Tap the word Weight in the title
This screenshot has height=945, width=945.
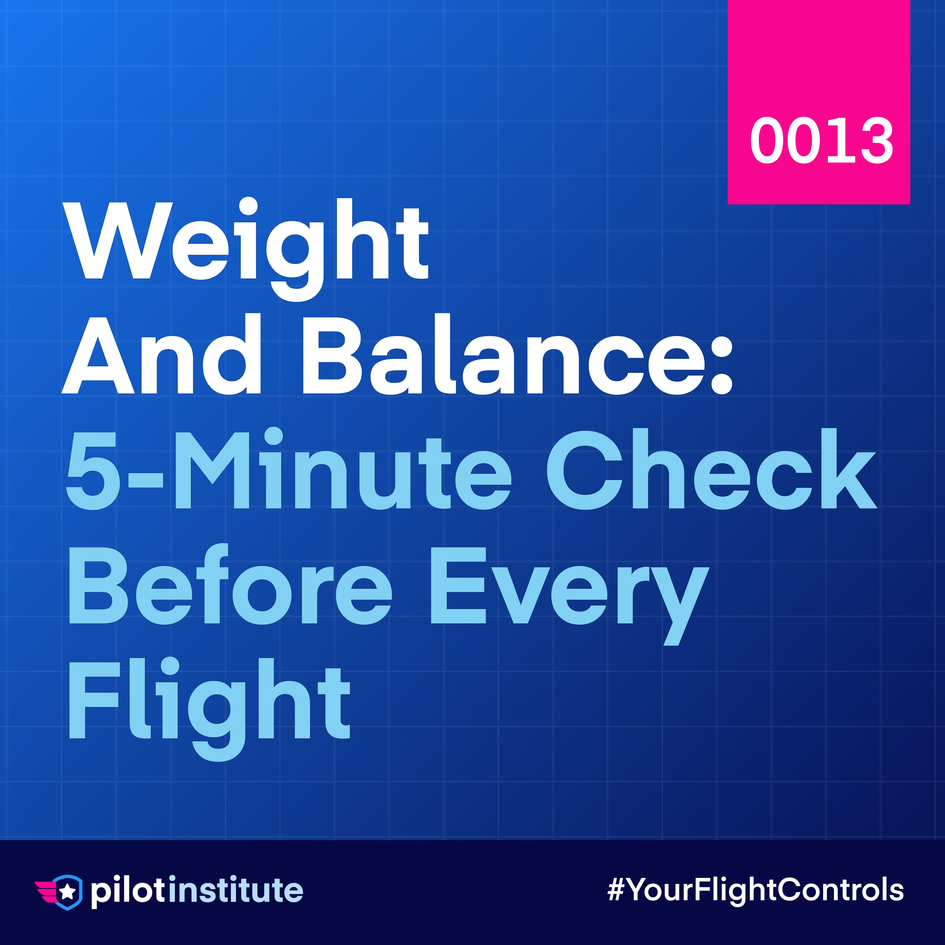[x=246, y=249]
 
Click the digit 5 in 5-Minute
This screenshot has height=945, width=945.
[x=93, y=471]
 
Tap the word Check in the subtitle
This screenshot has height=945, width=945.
[x=712, y=469]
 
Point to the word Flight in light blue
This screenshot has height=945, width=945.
[x=209, y=709]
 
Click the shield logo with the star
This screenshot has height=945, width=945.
[x=59, y=892]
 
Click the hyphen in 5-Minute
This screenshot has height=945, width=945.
[x=145, y=480]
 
